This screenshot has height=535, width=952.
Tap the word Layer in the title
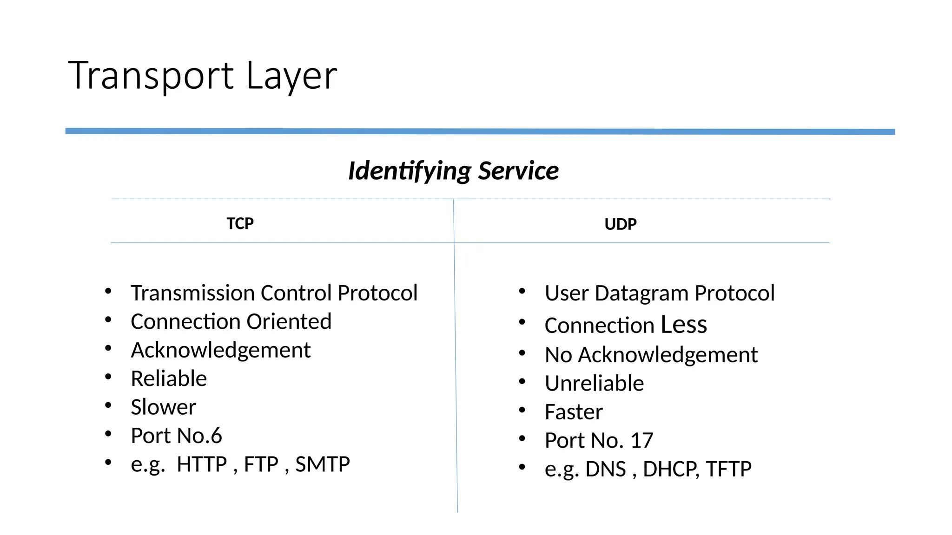click(x=291, y=76)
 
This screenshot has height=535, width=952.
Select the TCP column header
click(x=240, y=223)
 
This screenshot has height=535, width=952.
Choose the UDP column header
click(x=620, y=224)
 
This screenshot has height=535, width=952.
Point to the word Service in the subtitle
click(x=518, y=170)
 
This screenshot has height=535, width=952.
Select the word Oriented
click(x=289, y=321)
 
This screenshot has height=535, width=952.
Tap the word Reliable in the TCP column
click(x=169, y=378)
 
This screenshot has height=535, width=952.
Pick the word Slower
click(x=163, y=407)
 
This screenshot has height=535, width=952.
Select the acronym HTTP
click(x=202, y=464)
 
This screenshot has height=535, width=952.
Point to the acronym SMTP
click(x=323, y=464)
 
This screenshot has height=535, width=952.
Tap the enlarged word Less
click(x=684, y=324)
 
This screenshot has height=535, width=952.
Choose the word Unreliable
click(x=594, y=384)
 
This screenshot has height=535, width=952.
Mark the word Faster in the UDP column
click(x=574, y=412)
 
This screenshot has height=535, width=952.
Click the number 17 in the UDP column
click(x=642, y=440)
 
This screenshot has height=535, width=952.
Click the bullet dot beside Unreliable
click(x=522, y=382)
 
